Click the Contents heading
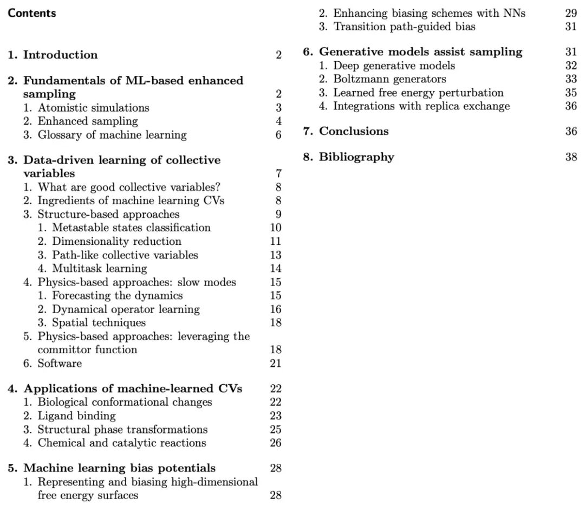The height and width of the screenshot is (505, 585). coord(32,13)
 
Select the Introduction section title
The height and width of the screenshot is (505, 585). coord(60,55)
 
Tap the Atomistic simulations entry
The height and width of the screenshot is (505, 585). coord(93,107)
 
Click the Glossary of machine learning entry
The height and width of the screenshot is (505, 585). coord(112,135)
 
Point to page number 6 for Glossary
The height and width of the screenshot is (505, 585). coord(278,135)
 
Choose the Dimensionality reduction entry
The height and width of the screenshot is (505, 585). coord(116,241)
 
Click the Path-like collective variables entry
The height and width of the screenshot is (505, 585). coord(125,255)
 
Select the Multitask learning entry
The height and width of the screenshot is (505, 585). coord(99,268)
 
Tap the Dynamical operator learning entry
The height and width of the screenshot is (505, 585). coord(126,309)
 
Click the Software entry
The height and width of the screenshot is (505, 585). coord(60,364)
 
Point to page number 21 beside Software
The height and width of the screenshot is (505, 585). coord(275,364)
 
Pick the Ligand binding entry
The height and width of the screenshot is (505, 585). coord(76,416)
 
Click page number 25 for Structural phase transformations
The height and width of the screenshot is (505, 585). coord(275,430)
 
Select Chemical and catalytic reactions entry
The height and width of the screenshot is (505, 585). coord(121,443)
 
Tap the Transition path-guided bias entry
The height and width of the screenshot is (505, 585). coord(404,27)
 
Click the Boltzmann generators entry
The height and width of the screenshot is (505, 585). coord(389,79)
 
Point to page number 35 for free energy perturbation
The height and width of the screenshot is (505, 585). coord(571,93)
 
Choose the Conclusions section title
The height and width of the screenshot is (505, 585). coord(353,131)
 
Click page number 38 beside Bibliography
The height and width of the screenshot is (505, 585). coord(571,157)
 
